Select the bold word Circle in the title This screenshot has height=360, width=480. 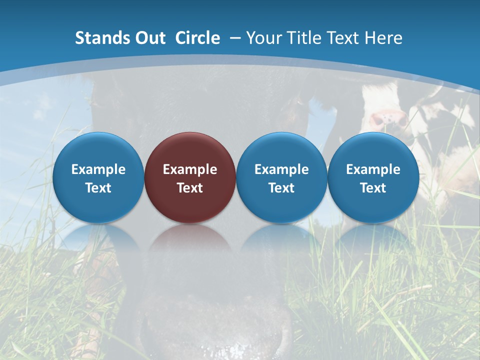(197, 38)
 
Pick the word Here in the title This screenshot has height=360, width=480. (383, 38)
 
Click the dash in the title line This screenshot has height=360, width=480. (234, 38)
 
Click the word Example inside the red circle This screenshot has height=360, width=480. (190, 169)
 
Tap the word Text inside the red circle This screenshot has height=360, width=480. (190, 188)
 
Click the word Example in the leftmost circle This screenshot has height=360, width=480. (98, 169)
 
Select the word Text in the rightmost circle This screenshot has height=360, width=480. (373, 188)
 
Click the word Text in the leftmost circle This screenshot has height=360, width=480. (98, 188)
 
